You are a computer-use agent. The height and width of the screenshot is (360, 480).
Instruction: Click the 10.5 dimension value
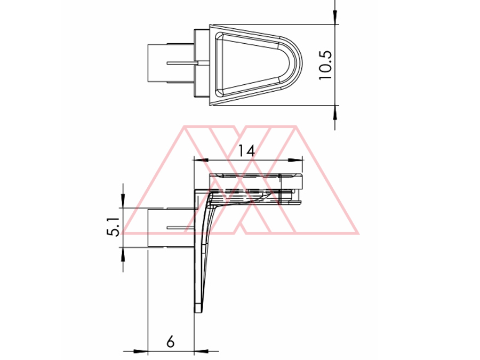(326, 65)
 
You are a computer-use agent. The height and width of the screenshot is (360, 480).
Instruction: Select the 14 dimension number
(246, 150)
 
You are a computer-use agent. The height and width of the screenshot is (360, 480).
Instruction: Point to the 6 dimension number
(171, 342)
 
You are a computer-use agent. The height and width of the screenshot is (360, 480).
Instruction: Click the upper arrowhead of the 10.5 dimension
(335, 18)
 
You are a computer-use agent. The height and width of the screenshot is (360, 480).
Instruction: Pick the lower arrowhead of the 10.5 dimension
(335, 112)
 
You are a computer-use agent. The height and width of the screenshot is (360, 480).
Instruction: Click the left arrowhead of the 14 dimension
(201, 160)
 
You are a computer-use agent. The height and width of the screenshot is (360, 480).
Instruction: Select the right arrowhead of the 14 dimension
(295, 160)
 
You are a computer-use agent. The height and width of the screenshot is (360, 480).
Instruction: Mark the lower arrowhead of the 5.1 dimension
(123, 254)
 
